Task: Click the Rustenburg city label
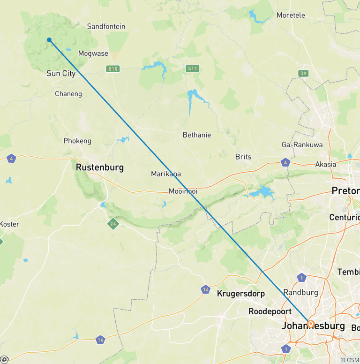pyautogui.click(x=100, y=167)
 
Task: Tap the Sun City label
pyautogui.click(x=61, y=73)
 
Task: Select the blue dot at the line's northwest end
pyautogui.click(x=49, y=40)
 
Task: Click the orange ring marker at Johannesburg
pyautogui.click(x=310, y=324)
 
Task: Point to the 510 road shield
pyautogui.click(x=112, y=69)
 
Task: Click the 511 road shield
pyautogui.click(x=192, y=68)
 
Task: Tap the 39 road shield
pyautogui.click(x=304, y=73)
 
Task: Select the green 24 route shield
pyautogui.click(x=112, y=223)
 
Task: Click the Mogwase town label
pyautogui.click(x=93, y=53)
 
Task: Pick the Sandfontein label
pyautogui.click(x=106, y=26)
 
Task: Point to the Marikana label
pyautogui.click(x=166, y=174)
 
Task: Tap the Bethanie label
pyautogui.click(x=197, y=135)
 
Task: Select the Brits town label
pyautogui.click(x=243, y=157)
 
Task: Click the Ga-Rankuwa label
pyautogui.click(x=302, y=144)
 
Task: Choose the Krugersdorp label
pyautogui.click(x=241, y=294)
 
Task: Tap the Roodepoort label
pyautogui.click(x=270, y=311)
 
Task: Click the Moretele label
pyautogui.click(x=291, y=15)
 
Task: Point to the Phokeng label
pyautogui.click(x=77, y=141)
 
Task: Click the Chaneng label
pyautogui.click(x=68, y=94)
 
